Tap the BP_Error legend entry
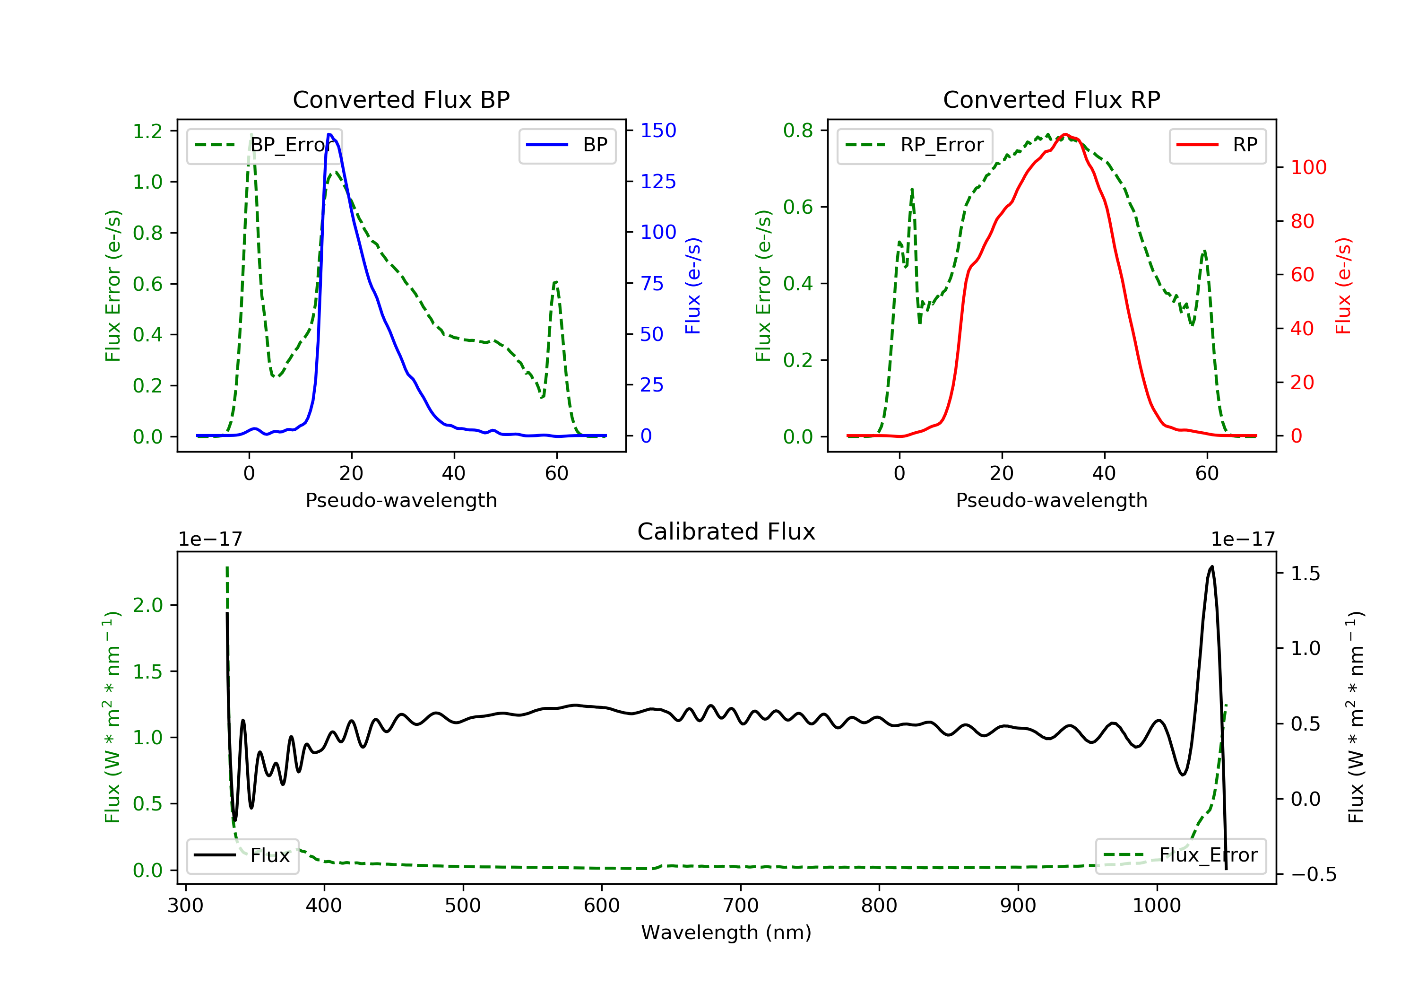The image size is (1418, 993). point(264,145)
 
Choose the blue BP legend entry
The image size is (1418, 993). point(567,145)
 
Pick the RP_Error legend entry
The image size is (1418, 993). point(915,145)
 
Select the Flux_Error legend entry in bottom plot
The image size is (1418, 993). point(1180,855)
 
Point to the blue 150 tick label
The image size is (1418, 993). point(658,131)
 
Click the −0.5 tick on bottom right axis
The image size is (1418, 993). point(1313,874)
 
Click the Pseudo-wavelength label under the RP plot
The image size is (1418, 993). point(1051,500)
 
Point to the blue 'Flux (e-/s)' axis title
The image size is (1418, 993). point(693,286)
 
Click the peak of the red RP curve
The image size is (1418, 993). point(1065,134)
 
